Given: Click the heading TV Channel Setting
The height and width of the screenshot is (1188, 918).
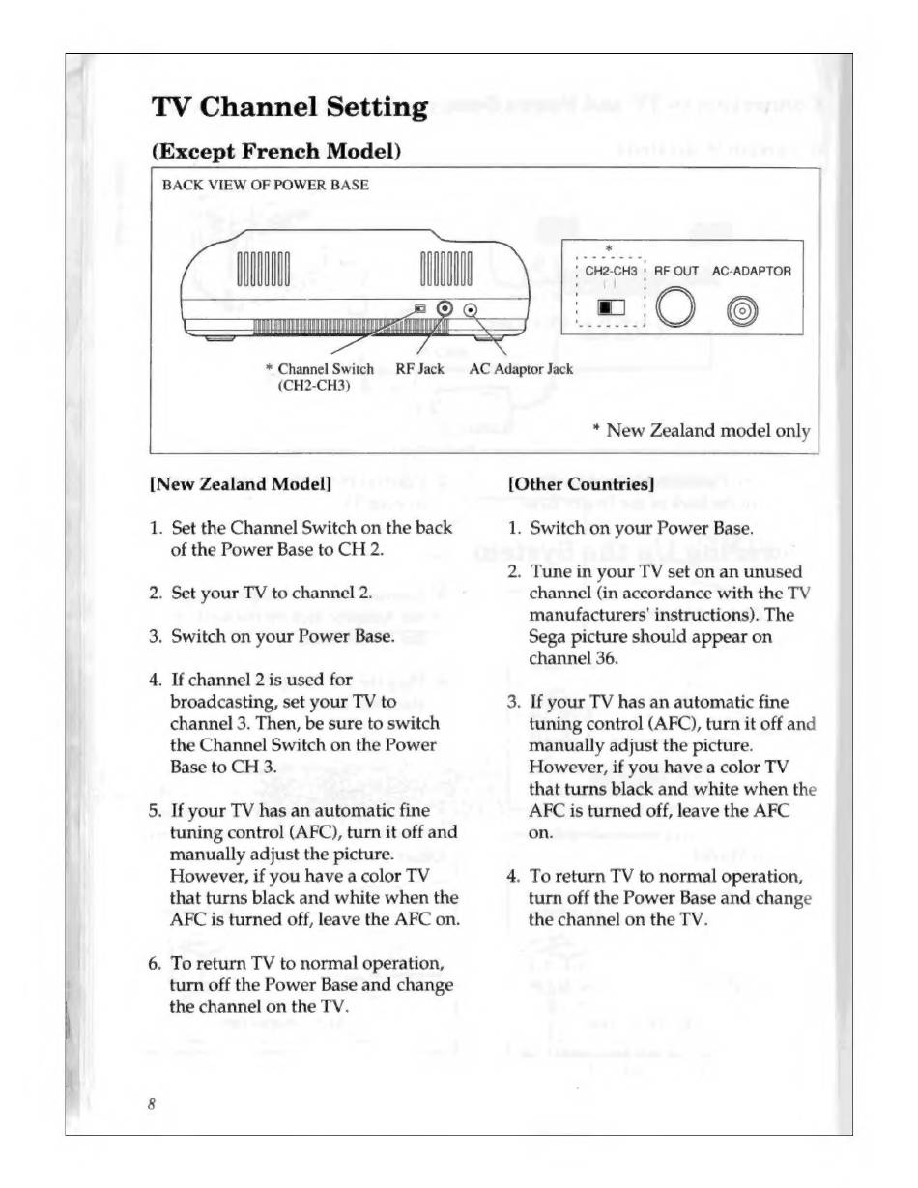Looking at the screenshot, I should coord(288,107).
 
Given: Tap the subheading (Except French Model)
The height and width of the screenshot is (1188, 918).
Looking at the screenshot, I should coord(276,152).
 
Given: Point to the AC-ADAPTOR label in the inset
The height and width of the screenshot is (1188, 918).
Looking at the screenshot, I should coord(751,272).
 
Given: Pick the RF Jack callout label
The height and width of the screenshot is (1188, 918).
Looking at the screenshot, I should coord(419,368).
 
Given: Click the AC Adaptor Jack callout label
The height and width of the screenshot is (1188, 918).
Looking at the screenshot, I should coord(520,368).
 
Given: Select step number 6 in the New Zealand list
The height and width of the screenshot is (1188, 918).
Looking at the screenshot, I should coord(155,963).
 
